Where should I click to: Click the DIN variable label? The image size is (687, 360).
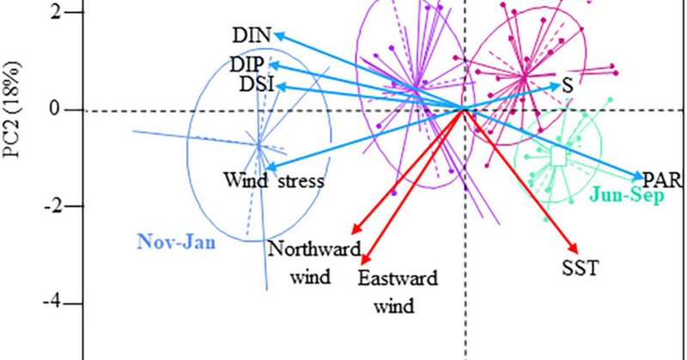(x=252, y=35)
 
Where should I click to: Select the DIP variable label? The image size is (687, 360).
(x=247, y=65)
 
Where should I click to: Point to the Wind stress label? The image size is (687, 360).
(x=273, y=180)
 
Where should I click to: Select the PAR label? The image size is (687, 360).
(x=663, y=179)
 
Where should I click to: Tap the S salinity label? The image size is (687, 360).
(x=568, y=86)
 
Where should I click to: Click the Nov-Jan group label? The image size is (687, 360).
(x=175, y=242)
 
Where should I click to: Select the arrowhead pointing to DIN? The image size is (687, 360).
(x=277, y=35)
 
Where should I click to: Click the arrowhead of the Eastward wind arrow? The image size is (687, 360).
(x=365, y=260)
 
